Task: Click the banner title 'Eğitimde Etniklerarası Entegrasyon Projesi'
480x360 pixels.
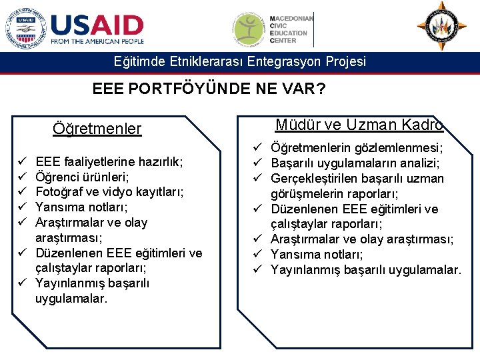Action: [x=240, y=62]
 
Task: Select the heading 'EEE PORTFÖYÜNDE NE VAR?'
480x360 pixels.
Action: [x=209, y=88]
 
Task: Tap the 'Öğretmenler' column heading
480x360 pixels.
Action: [x=97, y=129]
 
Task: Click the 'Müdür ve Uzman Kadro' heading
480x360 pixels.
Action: [x=359, y=125]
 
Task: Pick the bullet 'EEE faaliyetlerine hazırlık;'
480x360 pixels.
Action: [x=109, y=161]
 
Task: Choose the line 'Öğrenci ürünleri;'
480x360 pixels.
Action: [x=82, y=177]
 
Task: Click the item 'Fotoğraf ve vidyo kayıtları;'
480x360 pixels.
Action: [x=109, y=192]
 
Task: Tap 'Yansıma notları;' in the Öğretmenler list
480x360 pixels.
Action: [x=81, y=207]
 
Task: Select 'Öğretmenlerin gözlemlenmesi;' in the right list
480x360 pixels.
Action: [x=357, y=148]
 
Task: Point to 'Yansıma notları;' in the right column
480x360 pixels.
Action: [x=317, y=255]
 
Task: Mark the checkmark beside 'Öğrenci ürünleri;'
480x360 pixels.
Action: [x=22, y=177]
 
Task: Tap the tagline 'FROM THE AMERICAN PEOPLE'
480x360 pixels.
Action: [x=97, y=41]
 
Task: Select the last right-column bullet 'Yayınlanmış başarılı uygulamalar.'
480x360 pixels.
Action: [x=365, y=270]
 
